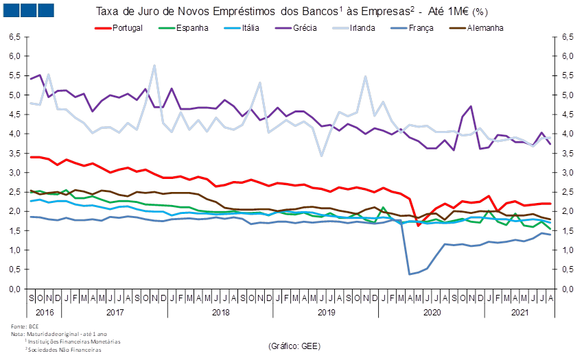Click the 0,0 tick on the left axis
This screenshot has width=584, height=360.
(14, 289)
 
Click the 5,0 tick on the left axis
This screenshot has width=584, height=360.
(14, 95)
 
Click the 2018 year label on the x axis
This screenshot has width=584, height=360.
(220, 312)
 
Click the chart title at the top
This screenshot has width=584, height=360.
(292, 12)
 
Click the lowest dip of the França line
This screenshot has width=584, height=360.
(410, 274)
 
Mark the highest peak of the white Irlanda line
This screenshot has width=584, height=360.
(154, 66)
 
